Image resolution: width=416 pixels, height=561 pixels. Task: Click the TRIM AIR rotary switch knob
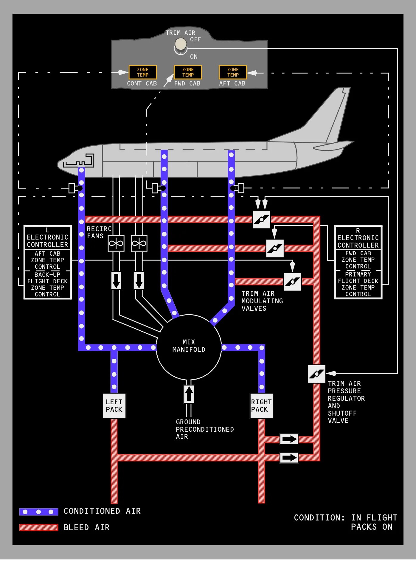click(x=181, y=45)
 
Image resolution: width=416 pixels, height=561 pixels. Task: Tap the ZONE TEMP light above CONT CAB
click(x=143, y=72)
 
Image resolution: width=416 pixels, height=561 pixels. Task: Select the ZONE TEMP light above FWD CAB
click(x=188, y=72)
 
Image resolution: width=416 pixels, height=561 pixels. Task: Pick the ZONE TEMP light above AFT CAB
click(x=233, y=72)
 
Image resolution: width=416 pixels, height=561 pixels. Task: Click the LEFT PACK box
click(x=114, y=406)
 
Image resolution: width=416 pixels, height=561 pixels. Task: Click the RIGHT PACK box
click(x=261, y=406)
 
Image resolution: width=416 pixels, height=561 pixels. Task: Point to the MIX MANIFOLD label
click(x=189, y=346)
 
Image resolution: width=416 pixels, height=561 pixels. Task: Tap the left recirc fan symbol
click(x=116, y=243)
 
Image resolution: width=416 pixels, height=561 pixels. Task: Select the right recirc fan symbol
click(x=139, y=243)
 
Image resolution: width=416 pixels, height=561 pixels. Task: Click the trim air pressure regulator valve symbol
click(x=316, y=374)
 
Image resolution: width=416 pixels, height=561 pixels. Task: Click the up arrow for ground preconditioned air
click(x=189, y=394)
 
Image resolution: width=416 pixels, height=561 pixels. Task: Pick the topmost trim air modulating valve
click(x=261, y=220)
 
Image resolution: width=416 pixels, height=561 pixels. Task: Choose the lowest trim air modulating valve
click(x=292, y=282)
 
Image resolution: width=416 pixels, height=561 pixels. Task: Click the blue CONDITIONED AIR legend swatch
click(x=39, y=512)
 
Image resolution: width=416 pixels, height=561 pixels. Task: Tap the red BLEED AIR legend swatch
click(x=39, y=528)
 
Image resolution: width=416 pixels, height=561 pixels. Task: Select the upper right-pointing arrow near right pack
click(x=289, y=439)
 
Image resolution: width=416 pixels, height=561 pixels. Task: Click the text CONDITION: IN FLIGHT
click(x=345, y=518)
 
